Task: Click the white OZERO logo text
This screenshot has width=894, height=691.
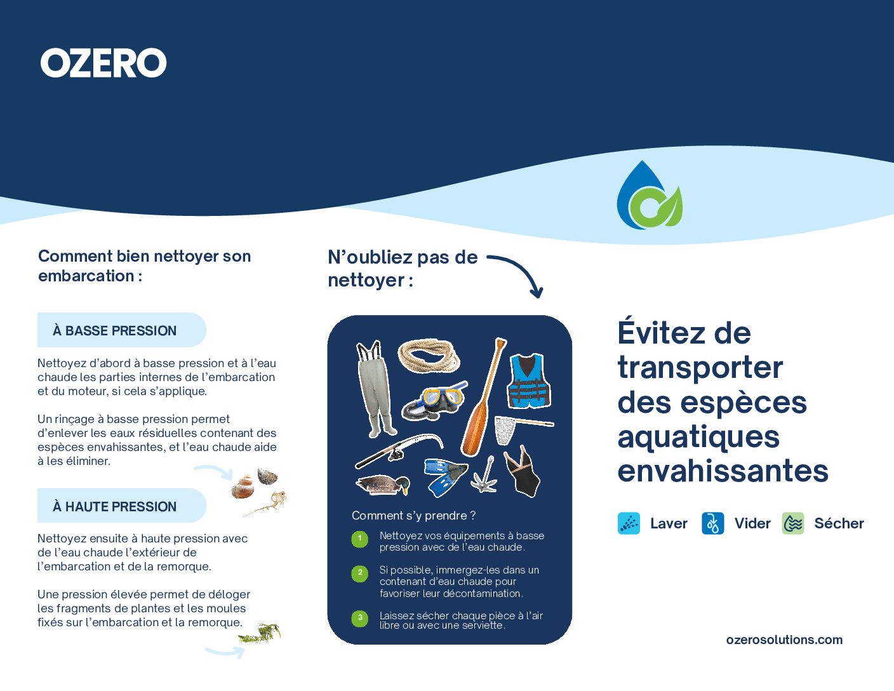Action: tap(103, 63)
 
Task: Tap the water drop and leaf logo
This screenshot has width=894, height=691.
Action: tap(649, 195)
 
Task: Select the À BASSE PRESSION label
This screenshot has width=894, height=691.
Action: tap(115, 330)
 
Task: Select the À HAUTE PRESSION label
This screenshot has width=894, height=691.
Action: tap(115, 506)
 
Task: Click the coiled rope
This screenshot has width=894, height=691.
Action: tap(429, 355)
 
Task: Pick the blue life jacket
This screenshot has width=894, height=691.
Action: tap(529, 381)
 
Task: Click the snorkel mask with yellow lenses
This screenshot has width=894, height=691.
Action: tap(434, 401)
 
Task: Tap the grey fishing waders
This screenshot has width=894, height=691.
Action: tap(375, 388)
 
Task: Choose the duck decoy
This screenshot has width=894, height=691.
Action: tap(383, 485)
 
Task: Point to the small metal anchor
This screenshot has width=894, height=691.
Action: tap(485, 475)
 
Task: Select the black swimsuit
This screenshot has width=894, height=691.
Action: tap(522, 471)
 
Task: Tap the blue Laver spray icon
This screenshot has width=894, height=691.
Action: tap(629, 523)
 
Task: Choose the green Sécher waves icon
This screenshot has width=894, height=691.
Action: tap(793, 523)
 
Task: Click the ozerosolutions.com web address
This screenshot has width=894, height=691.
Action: tap(784, 640)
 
